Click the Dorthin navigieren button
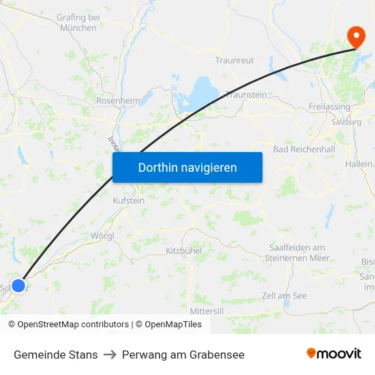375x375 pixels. (187, 167)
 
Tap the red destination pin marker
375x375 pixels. (356, 36)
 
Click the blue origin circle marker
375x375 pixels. (19, 286)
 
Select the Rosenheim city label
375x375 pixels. (118, 101)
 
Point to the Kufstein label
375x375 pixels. (128, 201)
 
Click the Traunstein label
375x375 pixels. (246, 95)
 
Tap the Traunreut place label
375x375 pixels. (235, 61)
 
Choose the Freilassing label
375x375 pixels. (329, 107)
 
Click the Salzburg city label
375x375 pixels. (346, 122)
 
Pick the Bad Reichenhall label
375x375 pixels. (303, 149)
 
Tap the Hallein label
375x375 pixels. (359, 164)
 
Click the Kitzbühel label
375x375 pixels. (184, 251)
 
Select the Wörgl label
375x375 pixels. (102, 236)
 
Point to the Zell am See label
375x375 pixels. (284, 295)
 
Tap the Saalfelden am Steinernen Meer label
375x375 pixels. (299, 253)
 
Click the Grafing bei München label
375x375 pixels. (78, 22)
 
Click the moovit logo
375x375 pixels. (334, 354)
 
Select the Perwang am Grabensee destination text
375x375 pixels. (183, 355)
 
